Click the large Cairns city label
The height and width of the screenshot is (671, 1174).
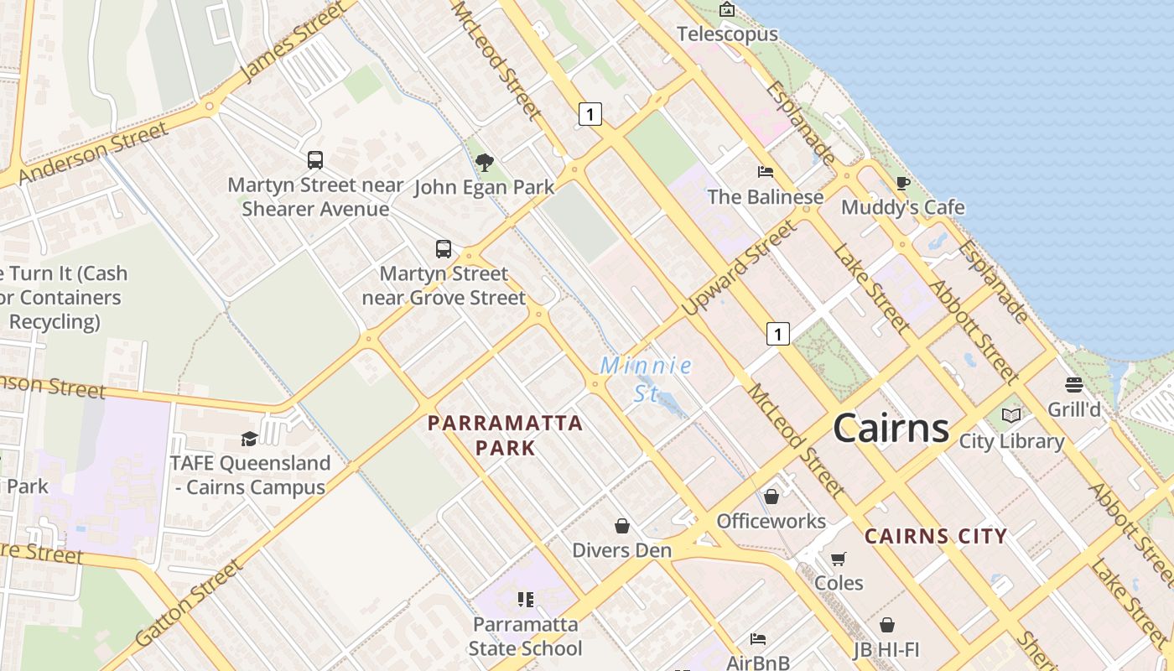(891, 428)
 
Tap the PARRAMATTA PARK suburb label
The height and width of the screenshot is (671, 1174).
(505, 434)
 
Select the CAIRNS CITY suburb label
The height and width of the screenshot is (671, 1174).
(935, 537)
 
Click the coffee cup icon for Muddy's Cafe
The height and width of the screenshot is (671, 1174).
(902, 183)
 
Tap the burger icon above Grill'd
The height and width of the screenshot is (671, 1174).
(1074, 385)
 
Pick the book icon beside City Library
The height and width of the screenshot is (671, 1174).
(1011, 415)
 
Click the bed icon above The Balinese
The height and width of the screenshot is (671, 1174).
(765, 172)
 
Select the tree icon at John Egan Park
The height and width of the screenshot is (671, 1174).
(484, 162)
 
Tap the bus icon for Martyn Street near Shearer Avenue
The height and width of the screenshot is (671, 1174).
(315, 159)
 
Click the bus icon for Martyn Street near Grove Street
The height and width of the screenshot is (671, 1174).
(444, 249)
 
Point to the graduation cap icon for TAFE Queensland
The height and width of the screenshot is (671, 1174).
(249, 439)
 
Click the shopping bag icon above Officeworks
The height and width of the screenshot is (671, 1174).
(771, 497)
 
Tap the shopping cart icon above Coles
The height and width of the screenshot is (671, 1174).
(838, 559)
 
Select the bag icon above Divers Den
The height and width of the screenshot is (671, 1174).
(622, 526)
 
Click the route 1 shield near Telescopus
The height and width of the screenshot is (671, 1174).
(590, 114)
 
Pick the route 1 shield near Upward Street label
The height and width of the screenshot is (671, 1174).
(778, 334)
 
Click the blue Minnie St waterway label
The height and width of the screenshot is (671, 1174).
(646, 378)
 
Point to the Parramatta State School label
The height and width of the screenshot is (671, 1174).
(525, 636)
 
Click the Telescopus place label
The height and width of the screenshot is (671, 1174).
(727, 34)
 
